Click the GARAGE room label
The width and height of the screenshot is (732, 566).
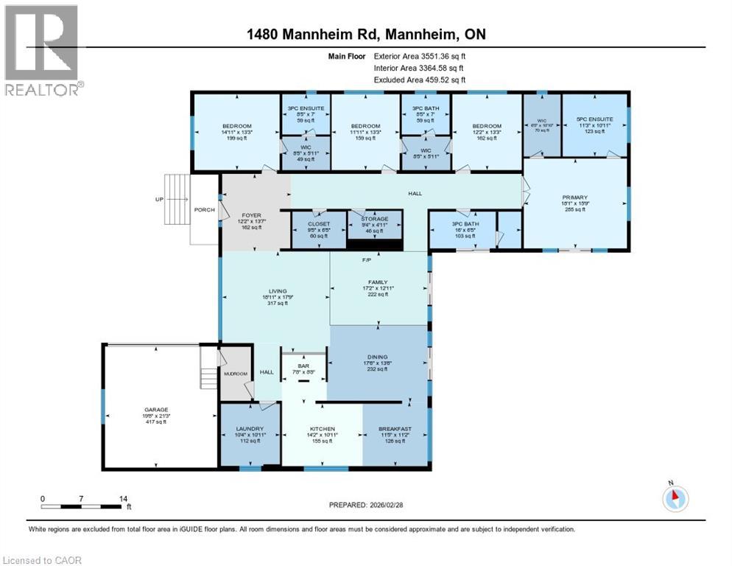click(x=156, y=410)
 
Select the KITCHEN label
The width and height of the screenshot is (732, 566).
click(x=323, y=429)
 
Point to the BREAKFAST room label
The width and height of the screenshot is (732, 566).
click(x=395, y=429)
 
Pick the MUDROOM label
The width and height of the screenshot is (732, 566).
click(x=235, y=373)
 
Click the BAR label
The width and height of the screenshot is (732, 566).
click(x=302, y=366)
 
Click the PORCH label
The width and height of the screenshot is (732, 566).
click(x=205, y=210)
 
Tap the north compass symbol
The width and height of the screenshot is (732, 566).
click(x=675, y=499)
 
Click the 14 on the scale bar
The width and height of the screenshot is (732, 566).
click(x=123, y=498)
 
